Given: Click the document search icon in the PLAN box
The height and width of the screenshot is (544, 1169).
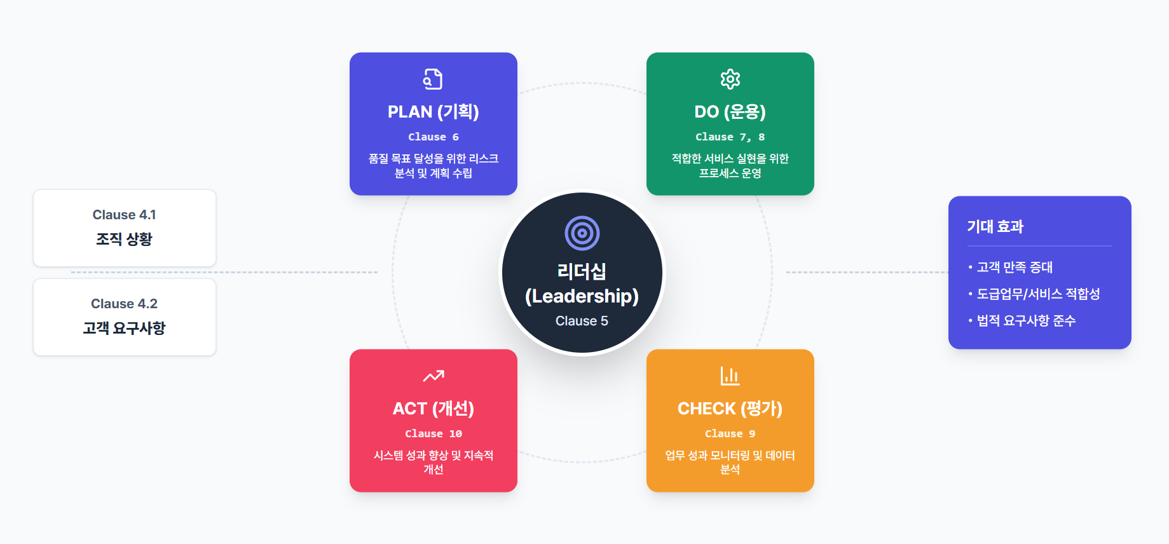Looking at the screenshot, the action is [433, 79].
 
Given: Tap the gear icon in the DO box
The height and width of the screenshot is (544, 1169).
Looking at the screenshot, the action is [730, 79].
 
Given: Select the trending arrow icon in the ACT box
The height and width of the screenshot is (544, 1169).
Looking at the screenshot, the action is [433, 376].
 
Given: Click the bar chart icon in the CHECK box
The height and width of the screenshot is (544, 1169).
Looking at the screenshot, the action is [730, 376].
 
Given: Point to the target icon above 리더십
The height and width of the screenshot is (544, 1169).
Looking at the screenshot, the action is [582, 233].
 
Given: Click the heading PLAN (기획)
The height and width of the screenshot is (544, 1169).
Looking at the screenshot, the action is [433, 112].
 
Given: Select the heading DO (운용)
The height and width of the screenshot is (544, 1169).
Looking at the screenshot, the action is [730, 112].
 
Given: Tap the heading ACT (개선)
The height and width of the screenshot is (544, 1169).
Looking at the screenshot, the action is [433, 409].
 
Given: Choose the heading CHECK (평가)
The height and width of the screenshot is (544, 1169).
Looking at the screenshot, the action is [730, 409].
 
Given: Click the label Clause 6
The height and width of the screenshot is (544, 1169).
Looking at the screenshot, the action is [433, 137].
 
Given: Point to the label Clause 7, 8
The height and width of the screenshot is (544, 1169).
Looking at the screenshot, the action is [730, 137].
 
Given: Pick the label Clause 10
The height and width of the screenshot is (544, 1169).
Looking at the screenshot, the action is [433, 434].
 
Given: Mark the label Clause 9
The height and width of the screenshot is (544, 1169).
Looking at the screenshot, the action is [730, 434].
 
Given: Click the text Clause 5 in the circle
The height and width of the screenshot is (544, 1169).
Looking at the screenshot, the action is [582, 321].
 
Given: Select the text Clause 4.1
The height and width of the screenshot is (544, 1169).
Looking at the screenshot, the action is [124, 215].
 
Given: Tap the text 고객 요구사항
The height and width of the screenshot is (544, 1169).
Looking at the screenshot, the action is [124, 328].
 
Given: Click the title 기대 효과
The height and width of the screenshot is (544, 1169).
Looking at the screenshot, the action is [995, 227].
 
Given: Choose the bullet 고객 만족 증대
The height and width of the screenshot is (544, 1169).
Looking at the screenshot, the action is [1015, 268].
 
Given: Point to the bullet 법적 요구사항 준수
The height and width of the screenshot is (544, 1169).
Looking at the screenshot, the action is [1026, 321].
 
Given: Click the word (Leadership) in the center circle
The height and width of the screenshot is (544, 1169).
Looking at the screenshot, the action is [582, 296].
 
